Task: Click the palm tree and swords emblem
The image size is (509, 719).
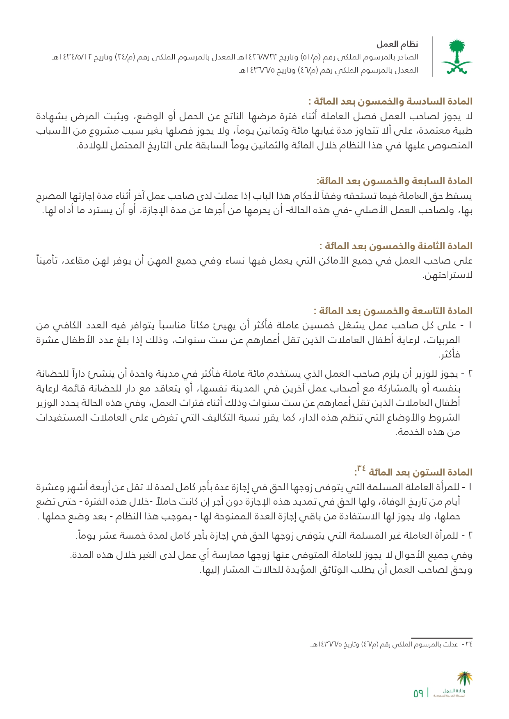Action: (457, 57)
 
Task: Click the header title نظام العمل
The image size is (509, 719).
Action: (397, 44)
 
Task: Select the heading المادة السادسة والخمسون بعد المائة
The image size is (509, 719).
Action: (393, 101)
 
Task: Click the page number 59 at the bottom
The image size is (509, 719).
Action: (418, 694)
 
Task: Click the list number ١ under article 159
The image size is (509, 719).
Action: (470, 326)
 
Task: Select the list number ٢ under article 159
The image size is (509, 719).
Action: (470, 374)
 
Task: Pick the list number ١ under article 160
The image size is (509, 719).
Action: (470, 487)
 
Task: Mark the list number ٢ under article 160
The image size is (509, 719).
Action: (470, 536)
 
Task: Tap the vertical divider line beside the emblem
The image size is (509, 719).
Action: (433, 57)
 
